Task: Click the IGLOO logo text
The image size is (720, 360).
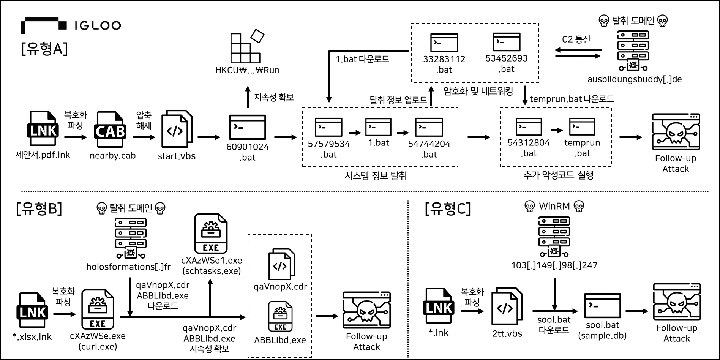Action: [98, 25]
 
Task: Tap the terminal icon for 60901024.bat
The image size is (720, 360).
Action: [248, 127]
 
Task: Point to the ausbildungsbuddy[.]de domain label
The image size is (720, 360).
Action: [634, 79]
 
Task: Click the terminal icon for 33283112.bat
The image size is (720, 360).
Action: [444, 42]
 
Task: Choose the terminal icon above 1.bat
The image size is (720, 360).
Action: [378, 127]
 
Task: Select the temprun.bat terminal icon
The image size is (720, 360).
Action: [582, 126]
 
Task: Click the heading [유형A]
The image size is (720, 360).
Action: [44, 49]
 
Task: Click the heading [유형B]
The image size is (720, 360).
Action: [39, 208]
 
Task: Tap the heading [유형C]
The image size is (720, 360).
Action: [448, 208]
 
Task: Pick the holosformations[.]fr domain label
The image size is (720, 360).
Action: [128, 267]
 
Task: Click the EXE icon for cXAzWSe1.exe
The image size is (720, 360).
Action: [211, 234]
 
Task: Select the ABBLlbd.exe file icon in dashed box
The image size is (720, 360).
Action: [280, 316]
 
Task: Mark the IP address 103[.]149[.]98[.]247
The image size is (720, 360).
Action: [554, 265]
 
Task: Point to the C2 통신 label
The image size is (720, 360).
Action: [576, 39]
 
